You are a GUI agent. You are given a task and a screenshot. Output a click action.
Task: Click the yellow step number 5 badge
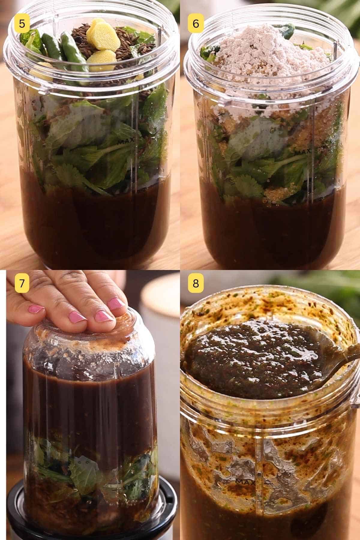pyautogui.click(x=22, y=23)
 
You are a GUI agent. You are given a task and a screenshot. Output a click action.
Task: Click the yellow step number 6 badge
pyautogui.click(x=196, y=23)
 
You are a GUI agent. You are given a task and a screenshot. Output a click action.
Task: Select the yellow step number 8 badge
pyautogui.click(x=196, y=283)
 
